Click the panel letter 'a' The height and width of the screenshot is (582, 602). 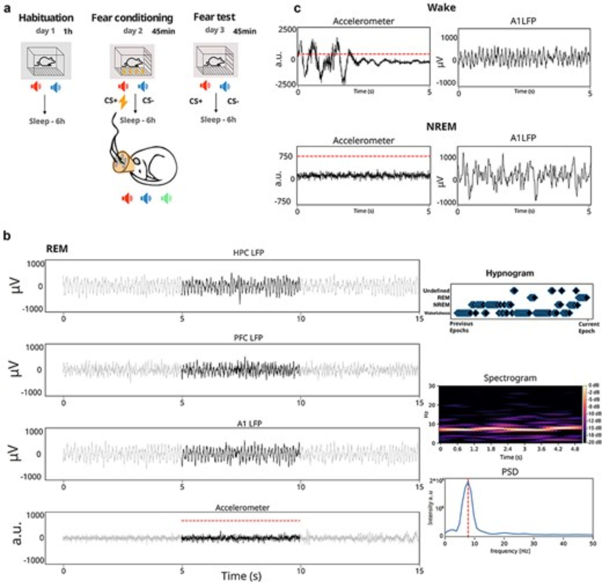tap(6, 8)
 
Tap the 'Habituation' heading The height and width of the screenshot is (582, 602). tap(46, 18)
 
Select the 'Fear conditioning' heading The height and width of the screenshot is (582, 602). tap(132, 18)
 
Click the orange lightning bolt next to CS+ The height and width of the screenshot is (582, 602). tap(123, 102)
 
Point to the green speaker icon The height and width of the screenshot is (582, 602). tap(166, 198)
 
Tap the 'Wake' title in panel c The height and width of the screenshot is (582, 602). tap(441, 8)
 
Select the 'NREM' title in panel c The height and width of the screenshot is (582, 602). tap(441, 126)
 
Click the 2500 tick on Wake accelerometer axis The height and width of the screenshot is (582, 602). tap(287, 30)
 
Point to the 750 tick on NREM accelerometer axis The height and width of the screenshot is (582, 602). tap(286, 156)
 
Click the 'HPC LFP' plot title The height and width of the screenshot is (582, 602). tap(249, 253)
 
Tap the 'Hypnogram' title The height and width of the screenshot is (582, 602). tap(510, 273)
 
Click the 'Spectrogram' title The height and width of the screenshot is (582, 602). tap(510, 378)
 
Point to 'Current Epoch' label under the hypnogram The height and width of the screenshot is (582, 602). tap(587, 327)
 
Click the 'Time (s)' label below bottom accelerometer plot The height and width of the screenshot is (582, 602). tap(241, 576)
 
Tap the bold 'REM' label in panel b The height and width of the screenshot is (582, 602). tap(57, 249)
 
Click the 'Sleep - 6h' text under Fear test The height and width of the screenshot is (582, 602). tap(218, 120)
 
